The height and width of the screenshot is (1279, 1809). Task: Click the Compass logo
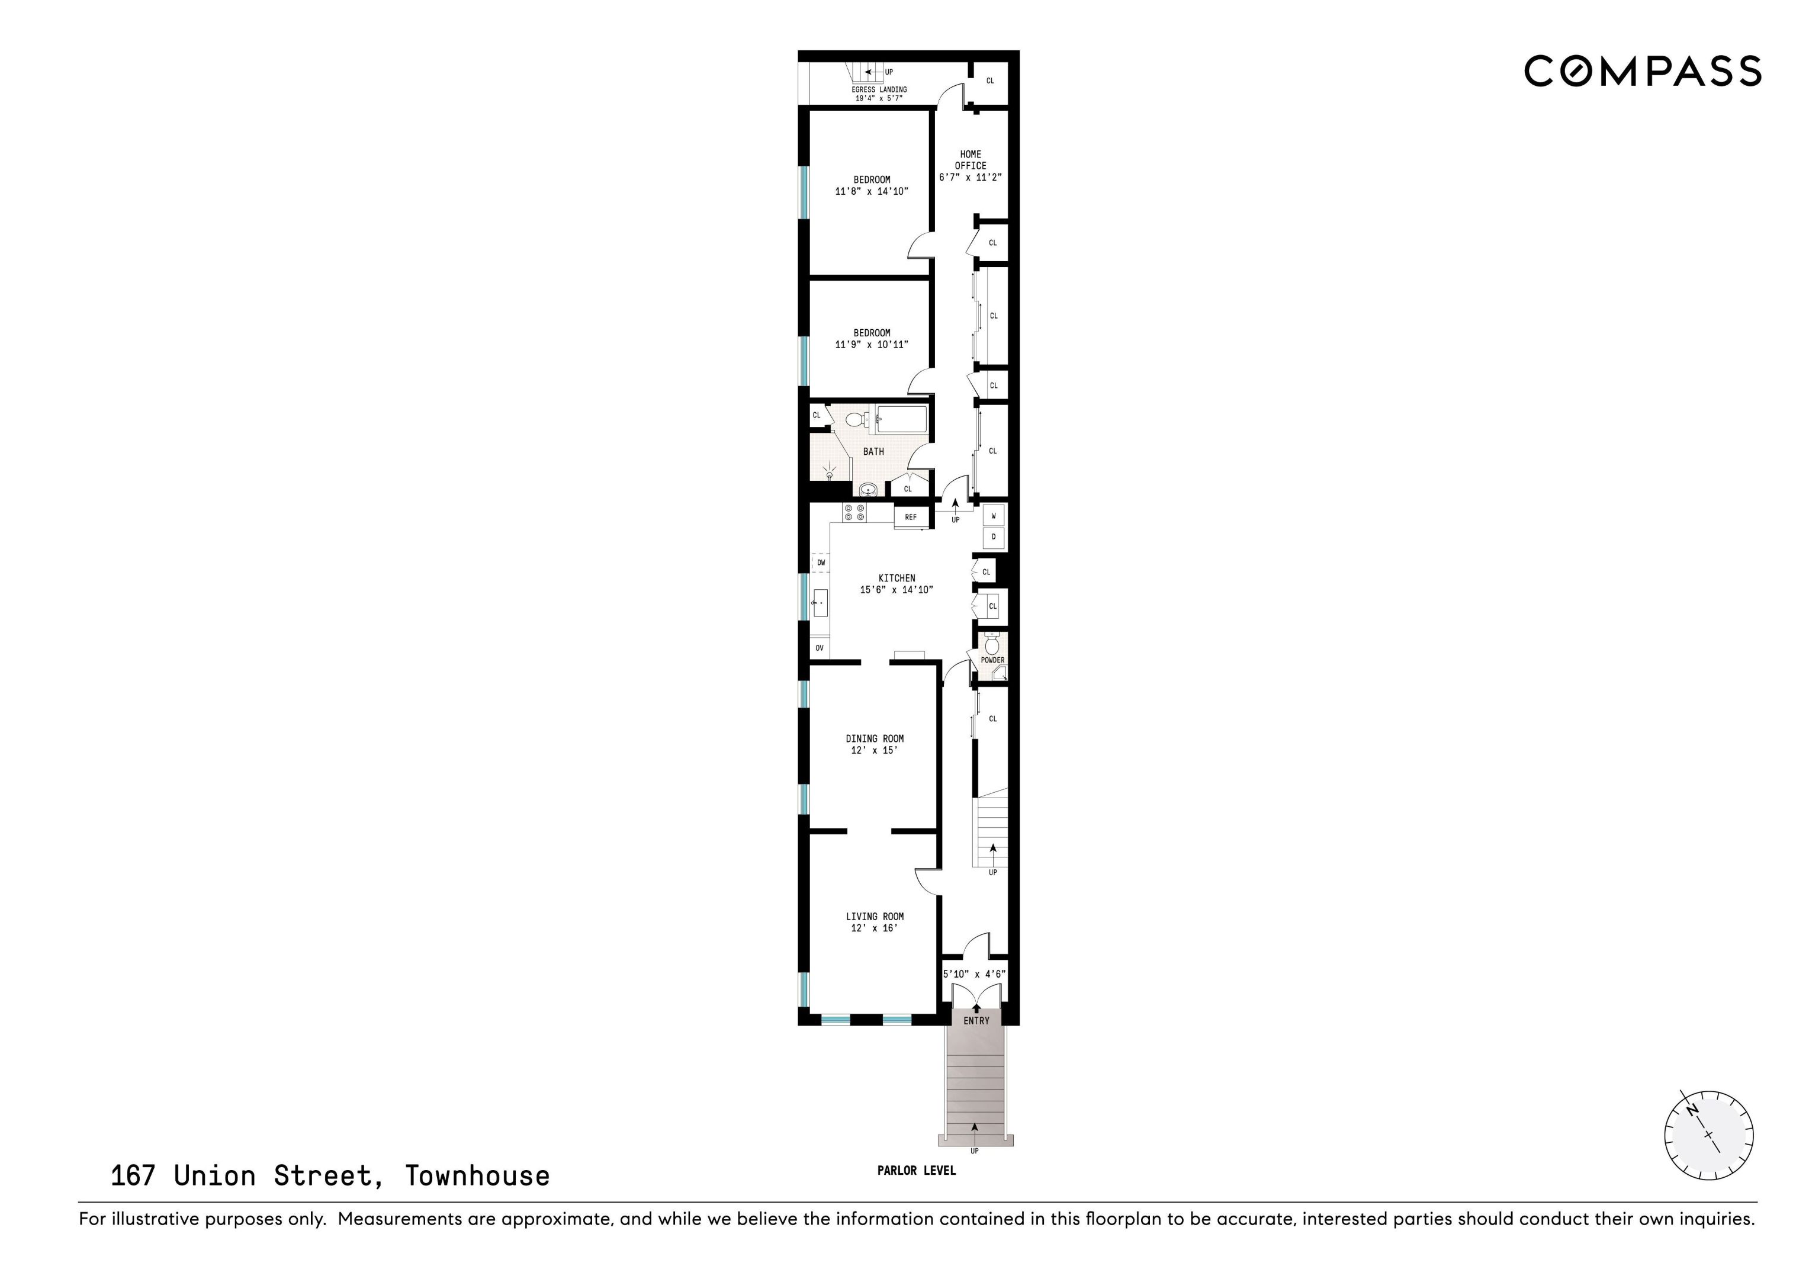(1643, 71)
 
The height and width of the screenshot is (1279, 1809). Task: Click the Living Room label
(875, 917)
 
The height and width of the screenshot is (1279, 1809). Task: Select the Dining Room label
(875, 738)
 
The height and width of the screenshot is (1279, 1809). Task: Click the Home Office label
(971, 160)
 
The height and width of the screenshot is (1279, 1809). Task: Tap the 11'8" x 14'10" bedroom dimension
(872, 191)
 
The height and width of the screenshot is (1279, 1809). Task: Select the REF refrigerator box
(911, 517)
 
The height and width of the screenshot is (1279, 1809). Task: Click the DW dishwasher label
(821, 563)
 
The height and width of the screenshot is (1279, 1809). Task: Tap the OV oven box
(820, 648)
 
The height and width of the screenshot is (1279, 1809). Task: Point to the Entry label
(976, 1020)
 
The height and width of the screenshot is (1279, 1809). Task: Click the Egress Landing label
(879, 90)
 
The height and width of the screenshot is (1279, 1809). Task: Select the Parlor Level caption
(916, 1170)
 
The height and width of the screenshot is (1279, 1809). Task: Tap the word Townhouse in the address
(477, 1176)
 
